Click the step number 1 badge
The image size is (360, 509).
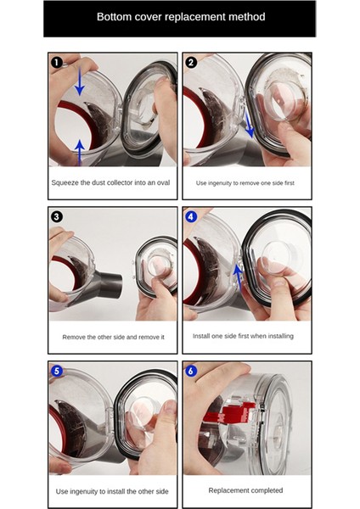point(57,62)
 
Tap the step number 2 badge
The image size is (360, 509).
point(191,62)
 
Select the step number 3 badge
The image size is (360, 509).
point(57,216)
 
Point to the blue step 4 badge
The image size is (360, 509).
point(191,216)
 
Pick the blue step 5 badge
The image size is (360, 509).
point(57,371)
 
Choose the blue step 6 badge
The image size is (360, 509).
point(191,371)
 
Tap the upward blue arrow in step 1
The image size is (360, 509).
point(79,153)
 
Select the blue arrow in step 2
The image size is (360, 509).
point(249,124)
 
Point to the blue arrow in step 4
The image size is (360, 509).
point(239,277)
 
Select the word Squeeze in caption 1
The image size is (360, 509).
point(65,182)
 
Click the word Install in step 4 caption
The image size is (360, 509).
point(201,336)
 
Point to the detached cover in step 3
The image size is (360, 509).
point(156,267)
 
